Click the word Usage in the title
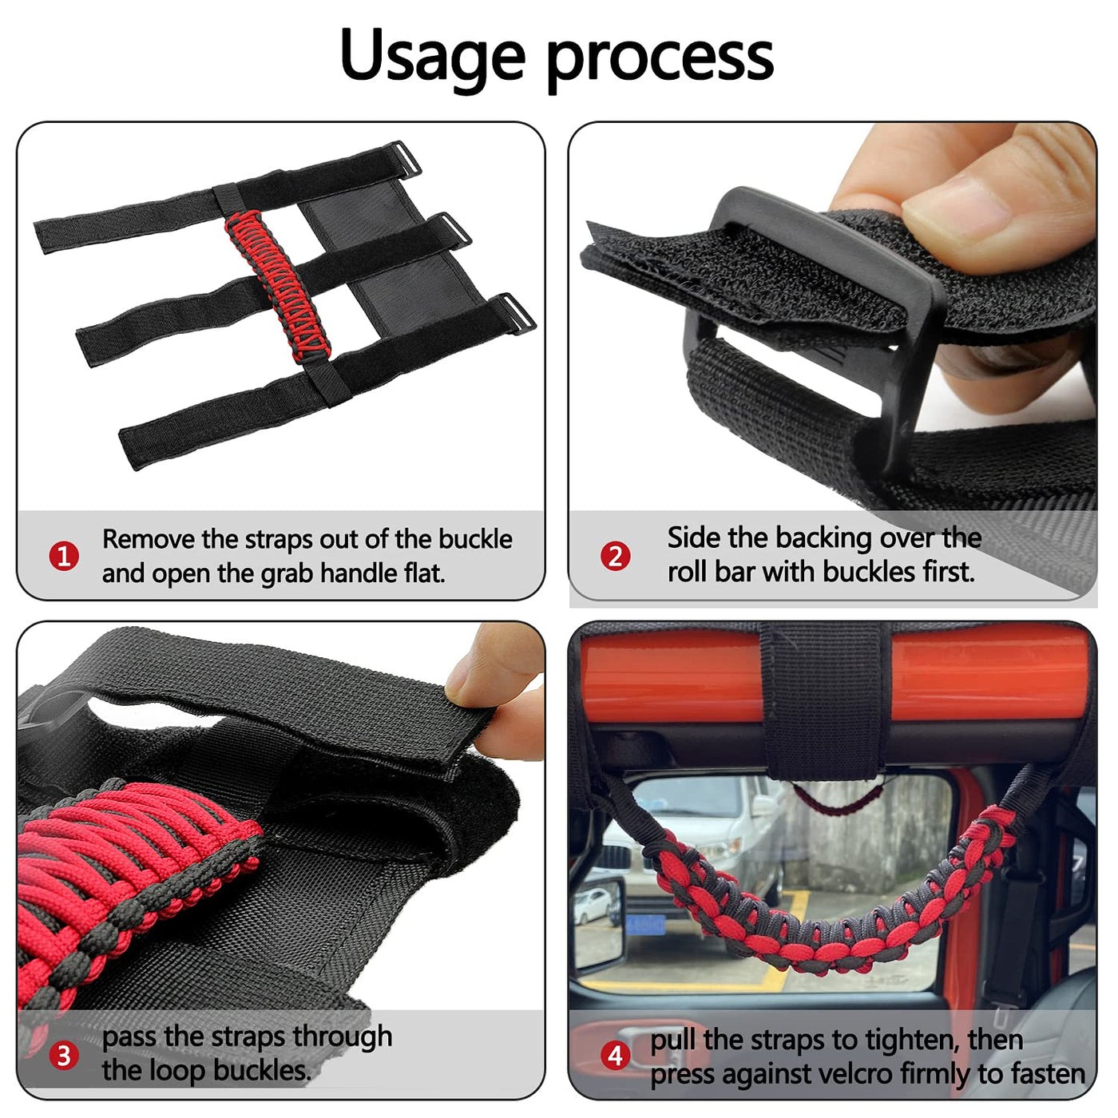coord(432,55)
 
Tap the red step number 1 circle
coord(64,557)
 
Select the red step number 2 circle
coord(615,557)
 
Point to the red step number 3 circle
coord(64,1056)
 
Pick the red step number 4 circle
coord(615,1056)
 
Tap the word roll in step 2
coord(688,572)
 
